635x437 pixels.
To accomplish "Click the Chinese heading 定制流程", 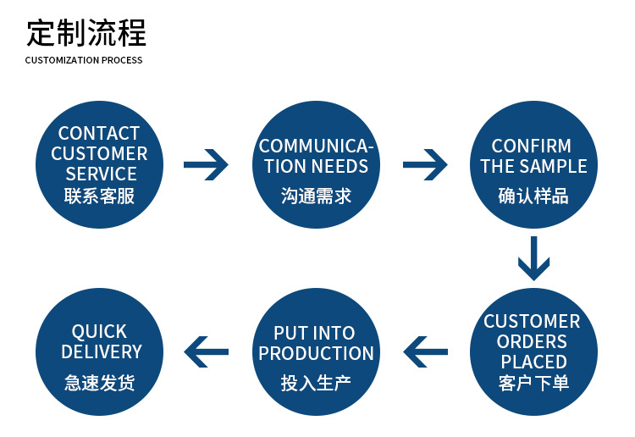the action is pyautogui.click(x=86, y=32).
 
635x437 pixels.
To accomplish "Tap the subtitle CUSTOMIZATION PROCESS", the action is pyautogui.click(x=84, y=60).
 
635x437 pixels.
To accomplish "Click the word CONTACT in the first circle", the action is pyautogui.click(x=99, y=133).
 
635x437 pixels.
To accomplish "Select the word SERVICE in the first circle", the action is pyautogui.click(x=102, y=174).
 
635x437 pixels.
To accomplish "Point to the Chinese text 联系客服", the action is pyautogui.click(x=99, y=196).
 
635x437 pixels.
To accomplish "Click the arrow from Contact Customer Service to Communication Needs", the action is pyautogui.click(x=206, y=164).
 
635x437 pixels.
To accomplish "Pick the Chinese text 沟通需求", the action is pyautogui.click(x=317, y=196).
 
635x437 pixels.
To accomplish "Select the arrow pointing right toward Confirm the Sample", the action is pyautogui.click(x=425, y=164).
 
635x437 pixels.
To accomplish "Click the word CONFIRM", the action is pyautogui.click(x=532, y=146).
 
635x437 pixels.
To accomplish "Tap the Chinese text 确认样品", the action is pyautogui.click(x=533, y=196).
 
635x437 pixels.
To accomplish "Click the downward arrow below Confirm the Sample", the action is pyautogui.click(x=533, y=258).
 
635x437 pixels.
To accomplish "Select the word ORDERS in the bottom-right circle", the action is pyautogui.click(x=532, y=341).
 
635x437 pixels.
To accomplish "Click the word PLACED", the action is pyautogui.click(x=533, y=362).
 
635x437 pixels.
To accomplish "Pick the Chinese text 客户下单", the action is pyautogui.click(x=533, y=383).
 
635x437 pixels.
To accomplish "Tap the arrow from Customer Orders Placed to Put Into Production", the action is pyautogui.click(x=425, y=351).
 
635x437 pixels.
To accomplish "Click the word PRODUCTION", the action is pyautogui.click(x=317, y=353).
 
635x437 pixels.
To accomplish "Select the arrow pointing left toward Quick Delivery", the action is pyautogui.click(x=206, y=351).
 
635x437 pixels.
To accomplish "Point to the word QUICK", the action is pyautogui.click(x=99, y=332).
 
